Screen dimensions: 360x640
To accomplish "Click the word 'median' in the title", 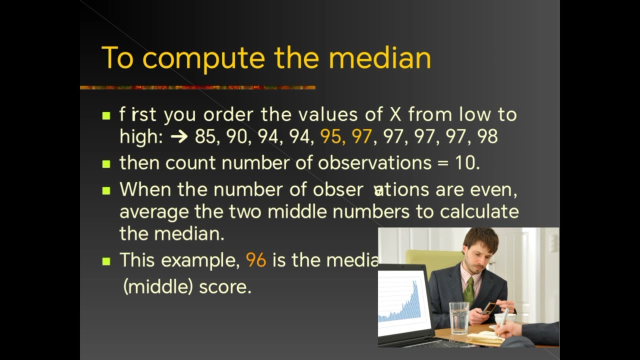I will [379, 58].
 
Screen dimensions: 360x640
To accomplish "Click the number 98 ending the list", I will [487, 136].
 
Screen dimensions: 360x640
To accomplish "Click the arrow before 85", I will [178, 136].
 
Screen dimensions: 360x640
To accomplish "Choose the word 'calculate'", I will [479, 211].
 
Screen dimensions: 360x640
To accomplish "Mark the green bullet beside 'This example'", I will [106, 261].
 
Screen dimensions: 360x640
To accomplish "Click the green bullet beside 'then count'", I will [106, 163].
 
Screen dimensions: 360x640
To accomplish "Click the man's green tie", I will [468, 290].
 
